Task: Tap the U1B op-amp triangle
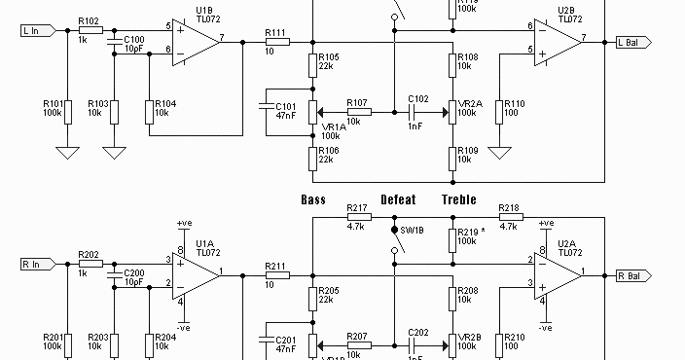tap(195, 42)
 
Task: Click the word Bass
tap(313, 199)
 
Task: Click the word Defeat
tap(398, 199)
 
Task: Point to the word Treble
tap(459, 199)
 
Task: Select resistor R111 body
tap(276, 43)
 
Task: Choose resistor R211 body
tap(276, 275)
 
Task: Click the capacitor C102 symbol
tap(418, 111)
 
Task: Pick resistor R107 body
tap(357, 111)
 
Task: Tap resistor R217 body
tap(356, 218)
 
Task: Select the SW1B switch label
tap(414, 231)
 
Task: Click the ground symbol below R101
tap(66, 152)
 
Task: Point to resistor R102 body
tap(89, 30)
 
